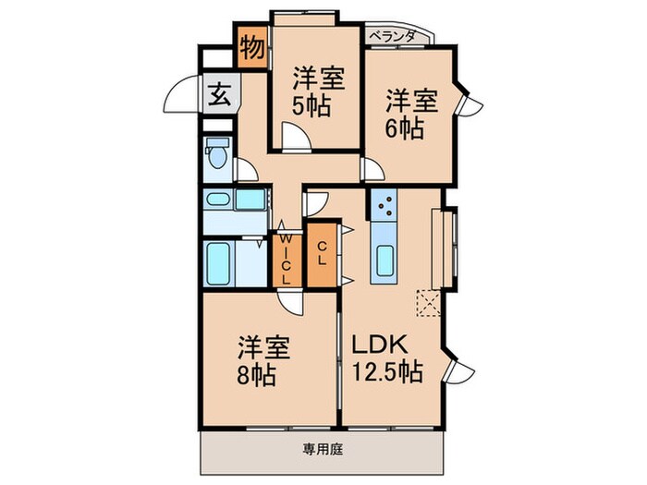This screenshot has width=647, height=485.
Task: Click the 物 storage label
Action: (x=250, y=46)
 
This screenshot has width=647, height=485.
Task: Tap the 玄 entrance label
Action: (x=220, y=93)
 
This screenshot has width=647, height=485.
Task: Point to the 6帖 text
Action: (x=404, y=127)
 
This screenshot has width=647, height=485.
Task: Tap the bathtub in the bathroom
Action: (x=221, y=263)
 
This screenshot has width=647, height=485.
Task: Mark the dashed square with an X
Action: (x=428, y=302)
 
